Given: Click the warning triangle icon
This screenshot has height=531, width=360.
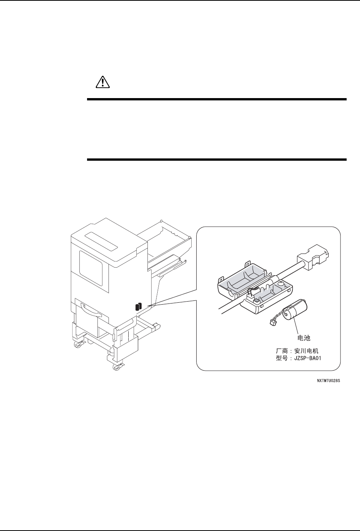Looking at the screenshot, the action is (102, 82).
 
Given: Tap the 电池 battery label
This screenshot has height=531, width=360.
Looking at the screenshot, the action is (304, 338).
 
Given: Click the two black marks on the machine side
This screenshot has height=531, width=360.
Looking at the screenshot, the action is (139, 307).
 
